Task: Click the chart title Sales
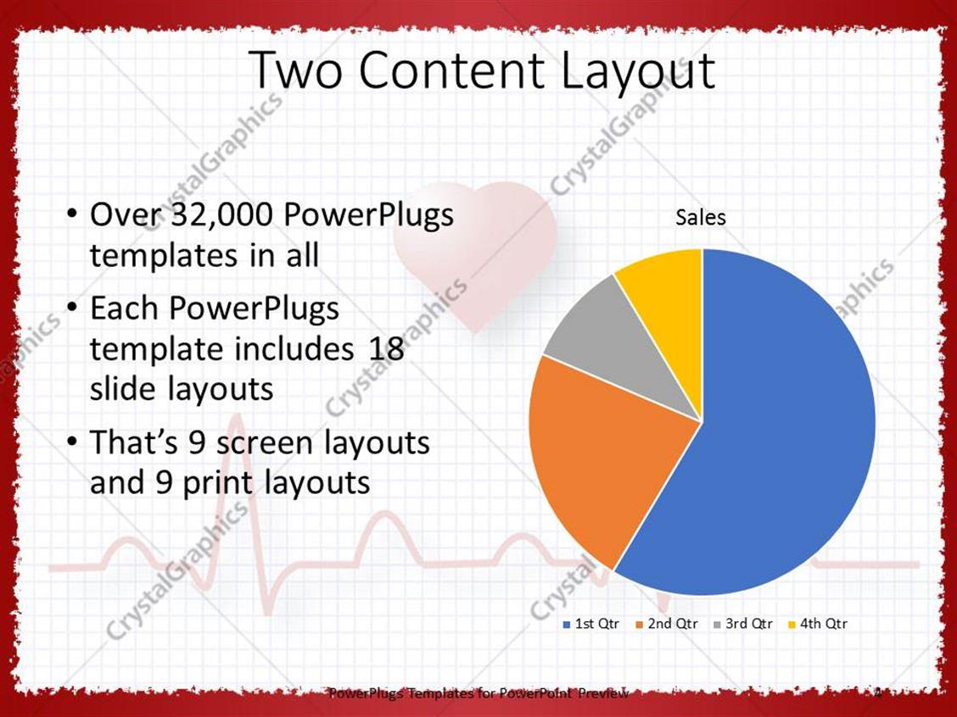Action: tap(701, 218)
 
